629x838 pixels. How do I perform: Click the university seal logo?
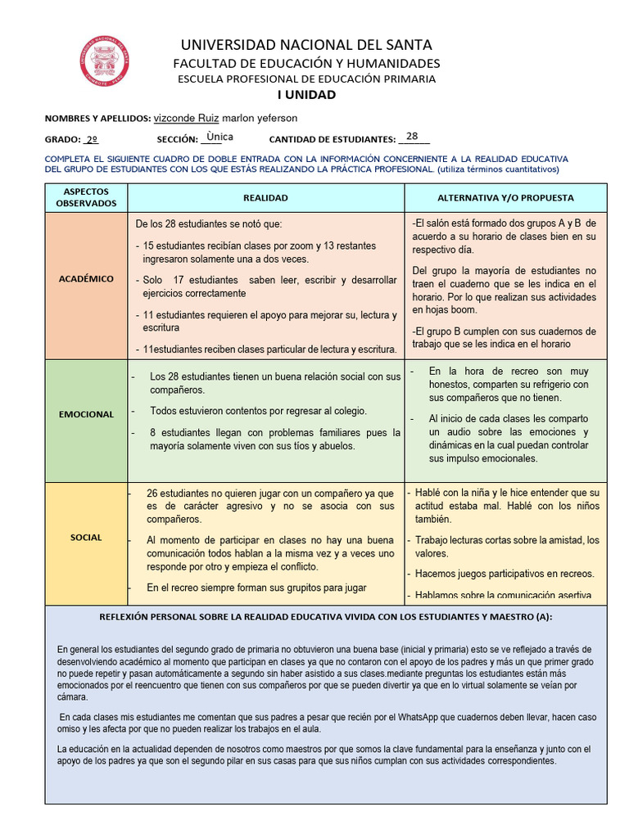[104, 60]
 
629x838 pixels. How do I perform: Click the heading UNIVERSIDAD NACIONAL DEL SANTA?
[306, 45]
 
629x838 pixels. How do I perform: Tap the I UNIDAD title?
[306, 94]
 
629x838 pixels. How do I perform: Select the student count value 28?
[412, 137]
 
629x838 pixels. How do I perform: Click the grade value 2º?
[92, 140]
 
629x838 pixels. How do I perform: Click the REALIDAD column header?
[265, 198]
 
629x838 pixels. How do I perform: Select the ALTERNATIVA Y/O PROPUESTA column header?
[505, 198]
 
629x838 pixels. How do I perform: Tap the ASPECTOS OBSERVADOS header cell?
[86, 197]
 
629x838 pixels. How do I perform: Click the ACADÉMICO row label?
[86, 278]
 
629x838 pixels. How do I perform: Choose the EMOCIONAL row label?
[86, 414]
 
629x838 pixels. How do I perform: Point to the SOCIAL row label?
[86, 538]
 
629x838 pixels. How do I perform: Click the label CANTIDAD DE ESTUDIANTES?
[333, 140]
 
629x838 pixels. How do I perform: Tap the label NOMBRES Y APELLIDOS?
[97, 119]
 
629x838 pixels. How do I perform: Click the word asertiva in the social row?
[574, 596]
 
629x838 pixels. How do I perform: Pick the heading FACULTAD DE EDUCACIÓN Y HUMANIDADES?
[306, 63]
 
